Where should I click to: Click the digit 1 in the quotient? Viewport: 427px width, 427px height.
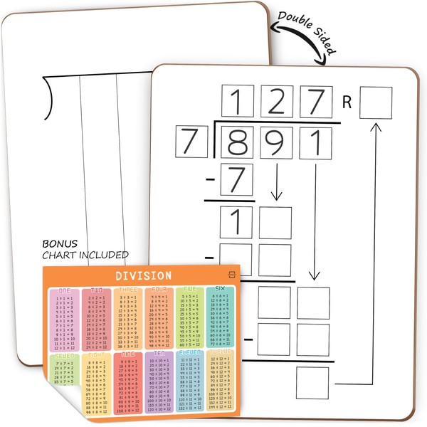click(x=238, y=102)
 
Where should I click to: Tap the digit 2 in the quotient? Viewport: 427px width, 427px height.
click(x=276, y=102)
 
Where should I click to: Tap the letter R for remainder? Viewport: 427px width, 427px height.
click(x=347, y=102)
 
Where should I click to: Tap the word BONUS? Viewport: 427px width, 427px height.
click(x=60, y=243)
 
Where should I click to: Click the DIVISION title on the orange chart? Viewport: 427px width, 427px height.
click(x=143, y=275)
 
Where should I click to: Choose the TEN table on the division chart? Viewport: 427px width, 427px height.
click(x=159, y=382)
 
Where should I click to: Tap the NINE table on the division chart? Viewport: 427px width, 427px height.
click(x=128, y=382)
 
